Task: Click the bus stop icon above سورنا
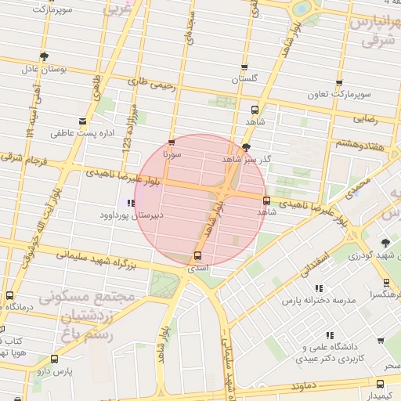coord(172,143)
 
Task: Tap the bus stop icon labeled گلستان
coord(244,67)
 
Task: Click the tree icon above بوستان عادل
coord(45,56)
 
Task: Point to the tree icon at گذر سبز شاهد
coord(247,146)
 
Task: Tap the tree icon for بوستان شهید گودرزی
coord(385,243)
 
